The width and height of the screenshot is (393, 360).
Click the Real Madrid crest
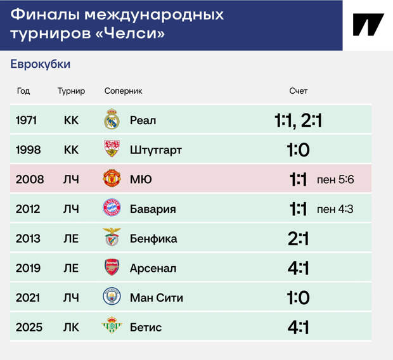112,119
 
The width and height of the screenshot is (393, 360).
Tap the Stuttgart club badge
112,148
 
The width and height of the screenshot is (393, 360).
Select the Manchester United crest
112,178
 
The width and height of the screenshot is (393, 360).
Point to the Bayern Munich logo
112,208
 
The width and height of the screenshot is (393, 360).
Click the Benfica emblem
112,237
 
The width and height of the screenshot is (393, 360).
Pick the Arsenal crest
112,267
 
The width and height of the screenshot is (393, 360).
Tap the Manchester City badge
112,297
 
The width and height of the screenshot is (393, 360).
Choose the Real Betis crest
112,325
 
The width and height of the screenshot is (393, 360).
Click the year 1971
27,120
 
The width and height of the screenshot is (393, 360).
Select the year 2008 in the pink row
30,179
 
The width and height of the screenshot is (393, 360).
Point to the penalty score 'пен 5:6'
335,179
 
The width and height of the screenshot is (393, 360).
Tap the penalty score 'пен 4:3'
335,209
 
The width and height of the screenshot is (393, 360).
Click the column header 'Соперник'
124,91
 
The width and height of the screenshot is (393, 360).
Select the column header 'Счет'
299,91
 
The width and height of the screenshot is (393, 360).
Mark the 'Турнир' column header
71,91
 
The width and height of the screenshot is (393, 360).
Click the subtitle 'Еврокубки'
41,64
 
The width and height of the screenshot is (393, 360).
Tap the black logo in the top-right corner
368,25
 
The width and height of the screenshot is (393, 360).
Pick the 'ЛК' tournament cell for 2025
71,328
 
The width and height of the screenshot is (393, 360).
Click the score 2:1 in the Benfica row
299,239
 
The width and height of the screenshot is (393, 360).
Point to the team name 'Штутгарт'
156,150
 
